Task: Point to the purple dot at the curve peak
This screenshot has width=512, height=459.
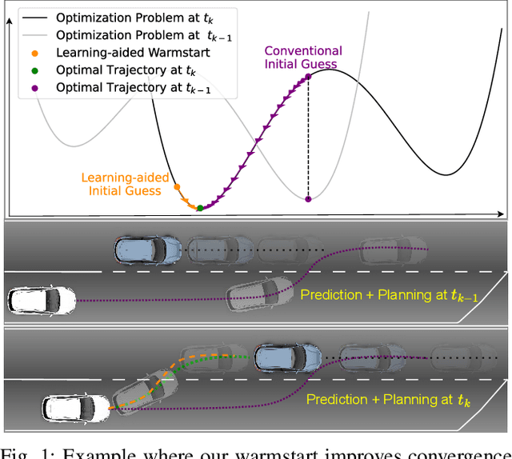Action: (x=308, y=78)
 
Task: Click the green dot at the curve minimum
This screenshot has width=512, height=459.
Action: (x=200, y=208)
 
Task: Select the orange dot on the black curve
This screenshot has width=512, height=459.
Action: (x=176, y=187)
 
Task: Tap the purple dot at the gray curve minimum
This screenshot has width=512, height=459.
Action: (x=308, y=198)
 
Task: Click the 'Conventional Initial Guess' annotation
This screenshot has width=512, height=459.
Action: (x=303, y=58)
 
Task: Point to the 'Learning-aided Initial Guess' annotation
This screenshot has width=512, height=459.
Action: (x=120, y=185)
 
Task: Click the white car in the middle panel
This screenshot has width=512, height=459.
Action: (x=42, y=301)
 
